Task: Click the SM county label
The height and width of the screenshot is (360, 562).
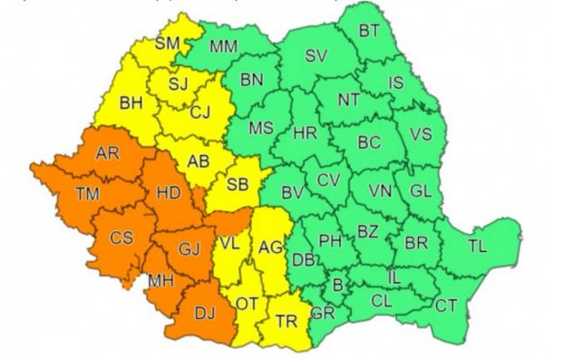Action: click(167, 43)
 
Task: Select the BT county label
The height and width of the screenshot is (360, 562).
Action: click(370, 31)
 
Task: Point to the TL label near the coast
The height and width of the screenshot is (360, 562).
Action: click(477, 245)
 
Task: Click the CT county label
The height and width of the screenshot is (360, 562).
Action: click(445, 306)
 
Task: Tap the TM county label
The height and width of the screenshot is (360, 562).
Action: click(88, 192)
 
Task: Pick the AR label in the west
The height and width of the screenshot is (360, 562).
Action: click(108, 153)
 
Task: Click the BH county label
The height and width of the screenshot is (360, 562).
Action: click(131, 103)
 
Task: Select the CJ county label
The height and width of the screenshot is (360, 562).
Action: click(201, 112)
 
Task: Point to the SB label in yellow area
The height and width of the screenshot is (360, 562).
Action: click(237, 184)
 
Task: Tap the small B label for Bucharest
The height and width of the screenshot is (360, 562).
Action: click(338, 286)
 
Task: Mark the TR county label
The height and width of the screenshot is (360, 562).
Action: click(287, 321)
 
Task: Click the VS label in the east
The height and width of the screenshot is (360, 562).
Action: click(421, 134)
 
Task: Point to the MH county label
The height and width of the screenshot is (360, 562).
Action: click(161, 281)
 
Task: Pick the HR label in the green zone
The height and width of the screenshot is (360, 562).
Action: click(305, 134)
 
